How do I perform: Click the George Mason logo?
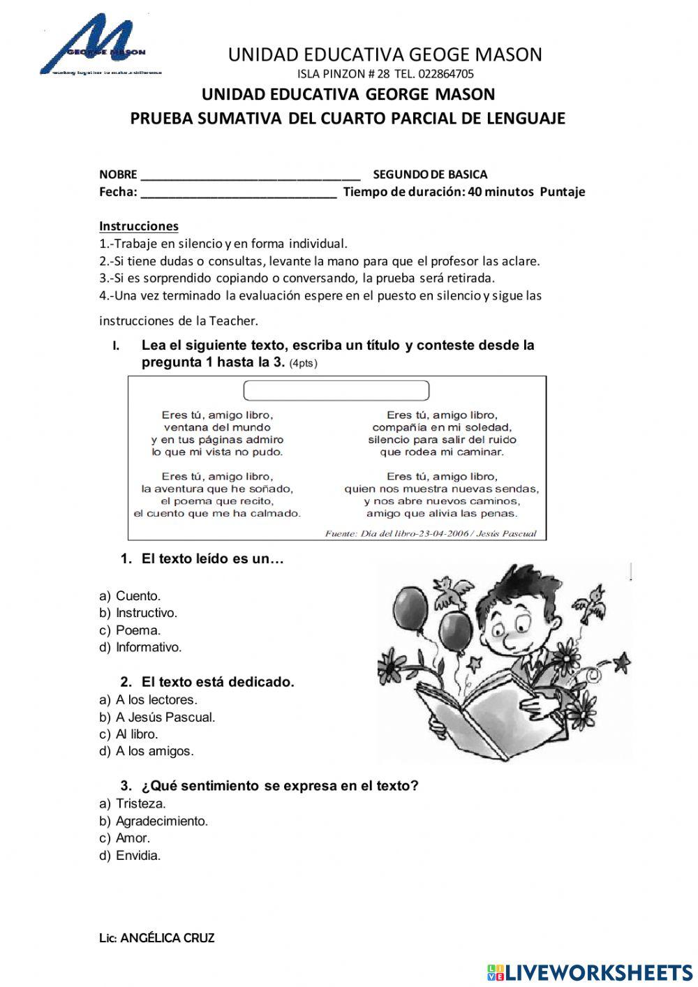pyautogui.click(x=98, y=45)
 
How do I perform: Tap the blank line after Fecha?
pyautogui.click(x=238, y=193)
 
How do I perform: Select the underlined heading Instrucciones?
pyautogui.click(x=139, y=226)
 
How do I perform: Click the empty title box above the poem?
pyautogui.click(x=336, y=390)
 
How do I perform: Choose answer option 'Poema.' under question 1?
pyautogui.click(x=138, y=630)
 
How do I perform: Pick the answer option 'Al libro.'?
pyautogui.click(x=137, y=734)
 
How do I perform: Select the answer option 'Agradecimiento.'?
pyautogui.click(x=161, y=822)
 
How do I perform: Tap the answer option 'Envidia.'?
pyautogui.click(x=138, y=856)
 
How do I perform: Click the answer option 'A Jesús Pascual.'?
pyautogui.click(x=165, y=718)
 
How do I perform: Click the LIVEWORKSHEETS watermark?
pyautogui.click(x=590, y=972)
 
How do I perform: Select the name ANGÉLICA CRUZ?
pyautogui.click(x=167, y=939)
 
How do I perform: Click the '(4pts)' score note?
pyautogui.click(x=304, y=364)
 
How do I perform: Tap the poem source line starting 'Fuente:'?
pyautogui.click(x=431, y=534)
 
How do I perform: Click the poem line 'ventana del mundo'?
pyautogui.click(x=217, y=427)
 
